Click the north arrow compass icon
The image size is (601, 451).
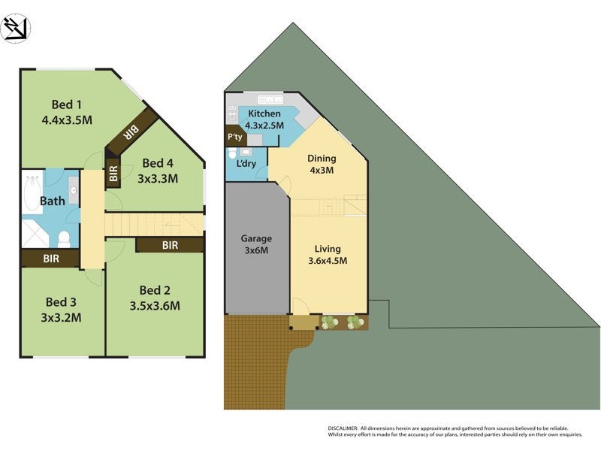click(x=16, y=28)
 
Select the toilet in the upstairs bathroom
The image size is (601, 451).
click(x=64, y=239)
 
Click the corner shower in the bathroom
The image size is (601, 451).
click(x=35, y=235)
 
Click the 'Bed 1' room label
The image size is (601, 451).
click(x=66, y=104)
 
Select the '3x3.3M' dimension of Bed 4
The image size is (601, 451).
click(x=157, y=178)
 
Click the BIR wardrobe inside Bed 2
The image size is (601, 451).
click(x=169, y=245)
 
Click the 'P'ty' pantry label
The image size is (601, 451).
click(x=234, y=138)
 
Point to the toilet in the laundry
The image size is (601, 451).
click(x=231, y=153)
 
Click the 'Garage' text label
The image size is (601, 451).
click(x=256, y=239)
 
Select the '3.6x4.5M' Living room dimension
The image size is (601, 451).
click(x=328, y=261)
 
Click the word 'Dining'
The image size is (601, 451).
click(x=322, y=158)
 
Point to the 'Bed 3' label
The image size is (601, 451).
click(x=61, y=302)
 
